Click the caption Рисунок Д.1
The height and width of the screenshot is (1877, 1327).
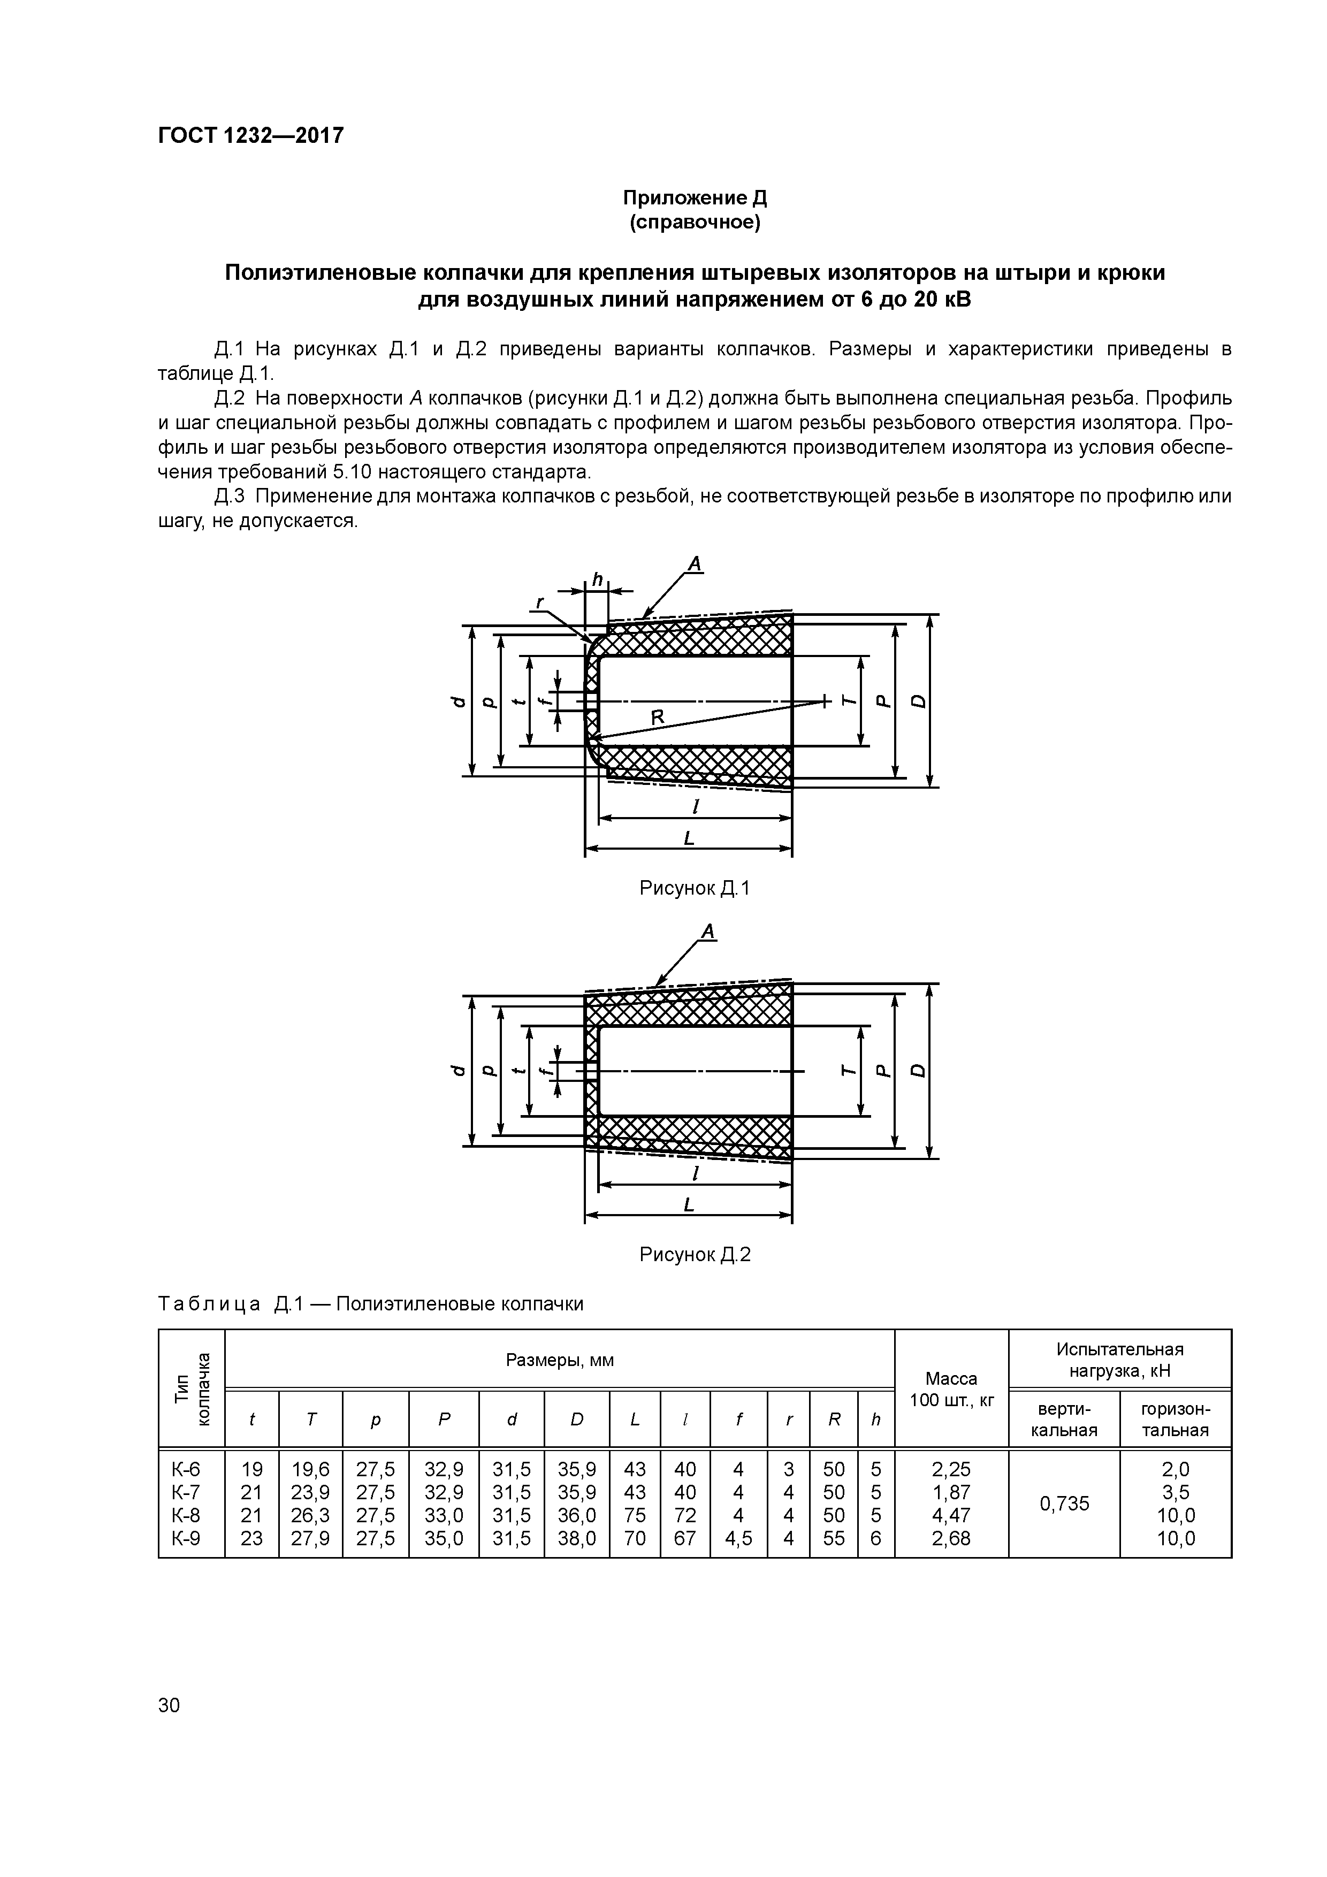pos(694,889)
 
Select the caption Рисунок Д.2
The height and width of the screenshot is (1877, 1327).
pos(694,1255)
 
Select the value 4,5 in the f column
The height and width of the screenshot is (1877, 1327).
pos(738,1538)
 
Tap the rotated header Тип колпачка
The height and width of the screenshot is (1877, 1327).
pos(192,1389)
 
